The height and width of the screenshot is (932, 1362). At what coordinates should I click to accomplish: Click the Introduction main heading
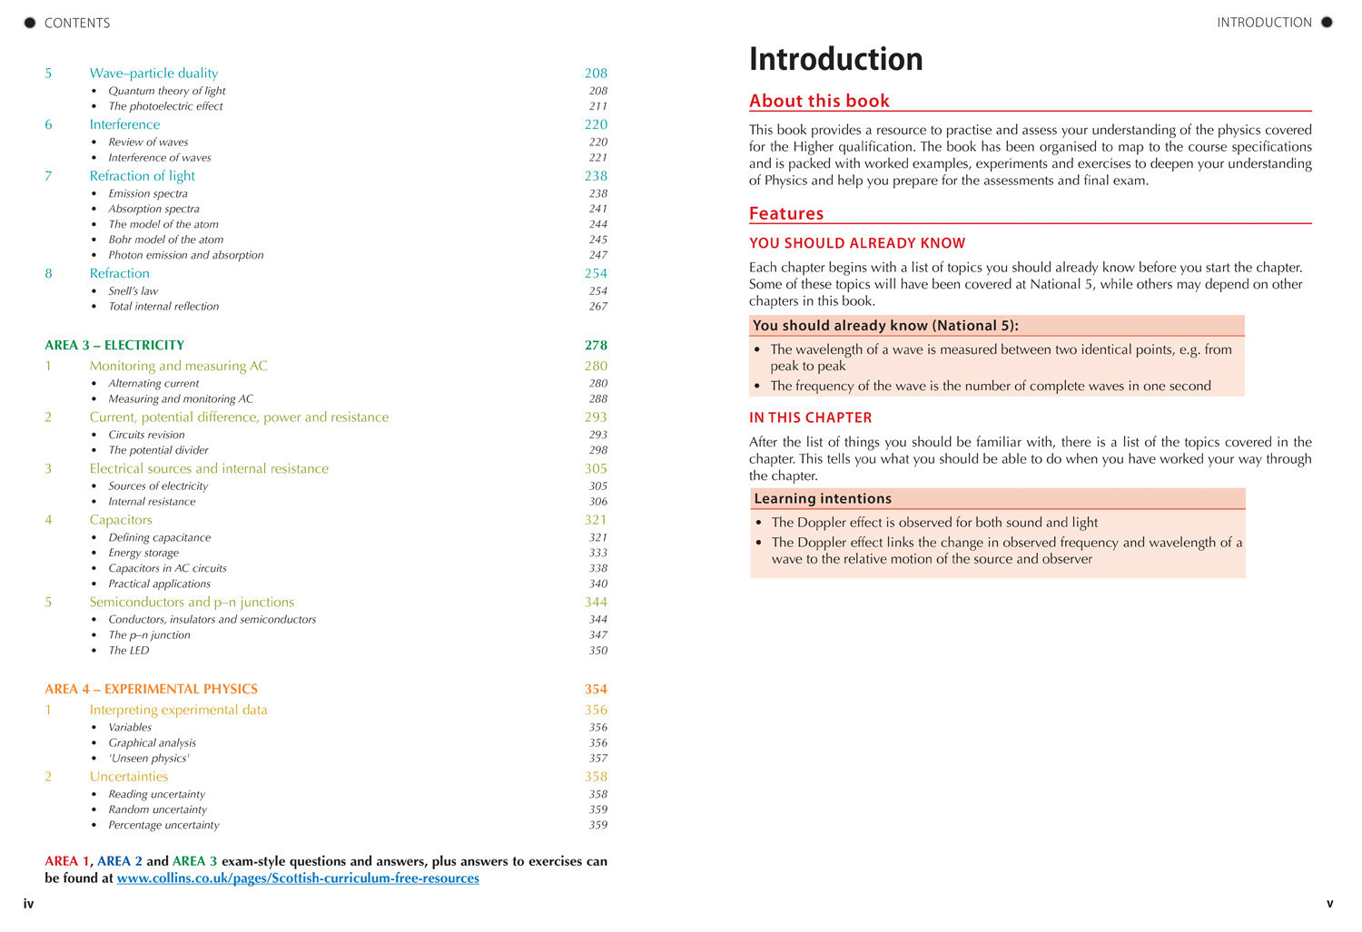click(835, 60)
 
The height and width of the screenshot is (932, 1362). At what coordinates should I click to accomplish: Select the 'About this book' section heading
click(819, 101)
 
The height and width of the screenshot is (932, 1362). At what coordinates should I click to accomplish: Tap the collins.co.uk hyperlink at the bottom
click(298, 878)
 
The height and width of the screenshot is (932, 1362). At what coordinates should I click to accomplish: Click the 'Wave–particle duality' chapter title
click(153, 73)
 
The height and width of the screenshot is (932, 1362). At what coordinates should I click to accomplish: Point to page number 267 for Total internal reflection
click(597, 306)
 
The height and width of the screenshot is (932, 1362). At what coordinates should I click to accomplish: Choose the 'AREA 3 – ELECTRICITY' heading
click(114, 345)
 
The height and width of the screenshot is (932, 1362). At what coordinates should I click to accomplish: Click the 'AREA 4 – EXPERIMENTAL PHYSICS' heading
click(151, 689)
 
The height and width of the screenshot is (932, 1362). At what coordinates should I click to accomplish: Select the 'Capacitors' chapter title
click(121, 519)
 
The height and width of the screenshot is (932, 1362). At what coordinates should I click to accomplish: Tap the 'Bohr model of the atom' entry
click(165, 240)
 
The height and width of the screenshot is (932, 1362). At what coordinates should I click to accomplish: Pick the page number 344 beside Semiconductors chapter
click(596, 602)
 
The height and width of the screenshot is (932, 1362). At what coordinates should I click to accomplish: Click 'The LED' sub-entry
click(129, 650)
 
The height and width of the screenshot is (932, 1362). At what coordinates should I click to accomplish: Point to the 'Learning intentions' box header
click(823, 498)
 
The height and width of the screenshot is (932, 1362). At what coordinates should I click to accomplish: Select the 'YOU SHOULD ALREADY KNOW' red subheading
click(857, 243)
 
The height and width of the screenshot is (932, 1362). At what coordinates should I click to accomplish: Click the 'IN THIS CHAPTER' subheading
click(810, 417)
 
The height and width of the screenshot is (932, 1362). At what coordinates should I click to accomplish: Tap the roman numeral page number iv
click(28, 904)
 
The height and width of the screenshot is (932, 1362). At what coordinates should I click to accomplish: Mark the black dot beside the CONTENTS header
click(30, 23)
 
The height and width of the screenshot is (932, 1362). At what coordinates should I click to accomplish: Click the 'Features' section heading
click(786, 213)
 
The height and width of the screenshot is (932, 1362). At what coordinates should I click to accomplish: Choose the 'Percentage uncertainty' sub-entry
click(163, 825)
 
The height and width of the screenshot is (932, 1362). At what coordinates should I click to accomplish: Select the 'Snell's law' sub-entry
click(133, 290)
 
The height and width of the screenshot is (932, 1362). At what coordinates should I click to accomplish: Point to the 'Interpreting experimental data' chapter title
click(178, 710)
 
